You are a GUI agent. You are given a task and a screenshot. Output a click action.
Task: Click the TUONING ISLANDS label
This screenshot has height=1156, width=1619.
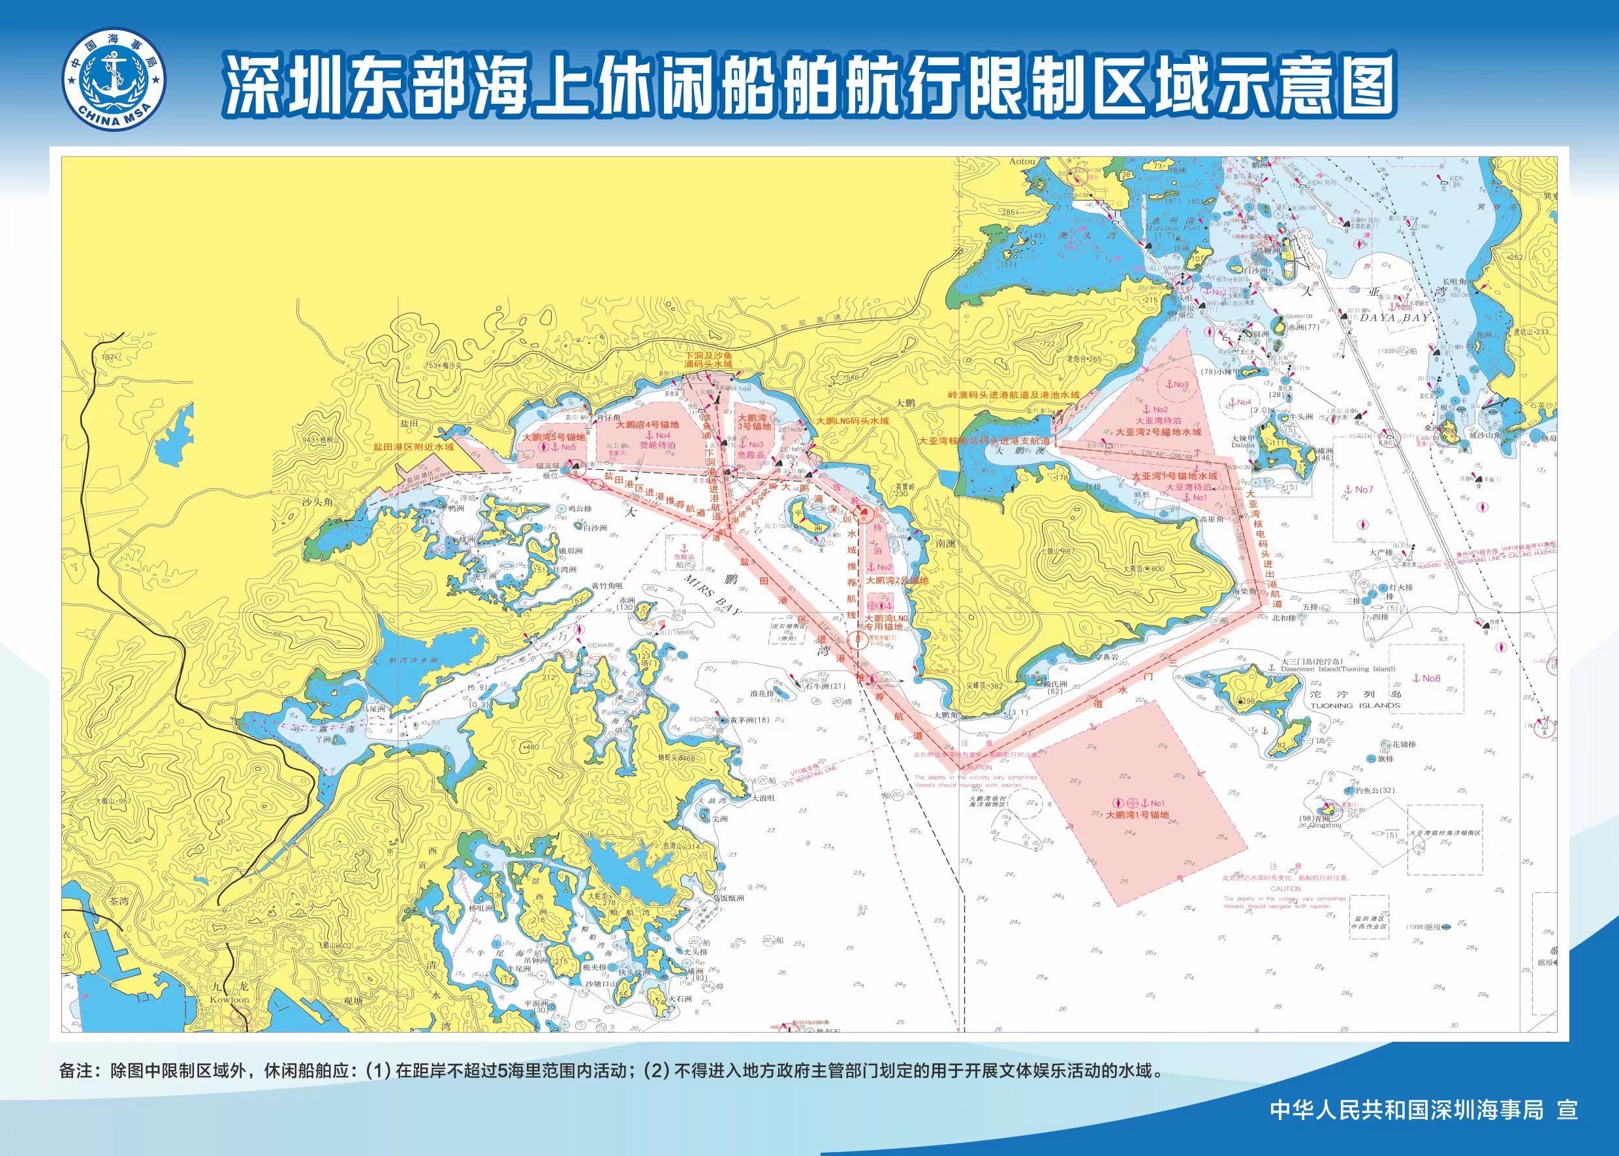(x=1354, y=706)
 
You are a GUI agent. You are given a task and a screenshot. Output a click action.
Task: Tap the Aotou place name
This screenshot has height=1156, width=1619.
(x=1022, y=162)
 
